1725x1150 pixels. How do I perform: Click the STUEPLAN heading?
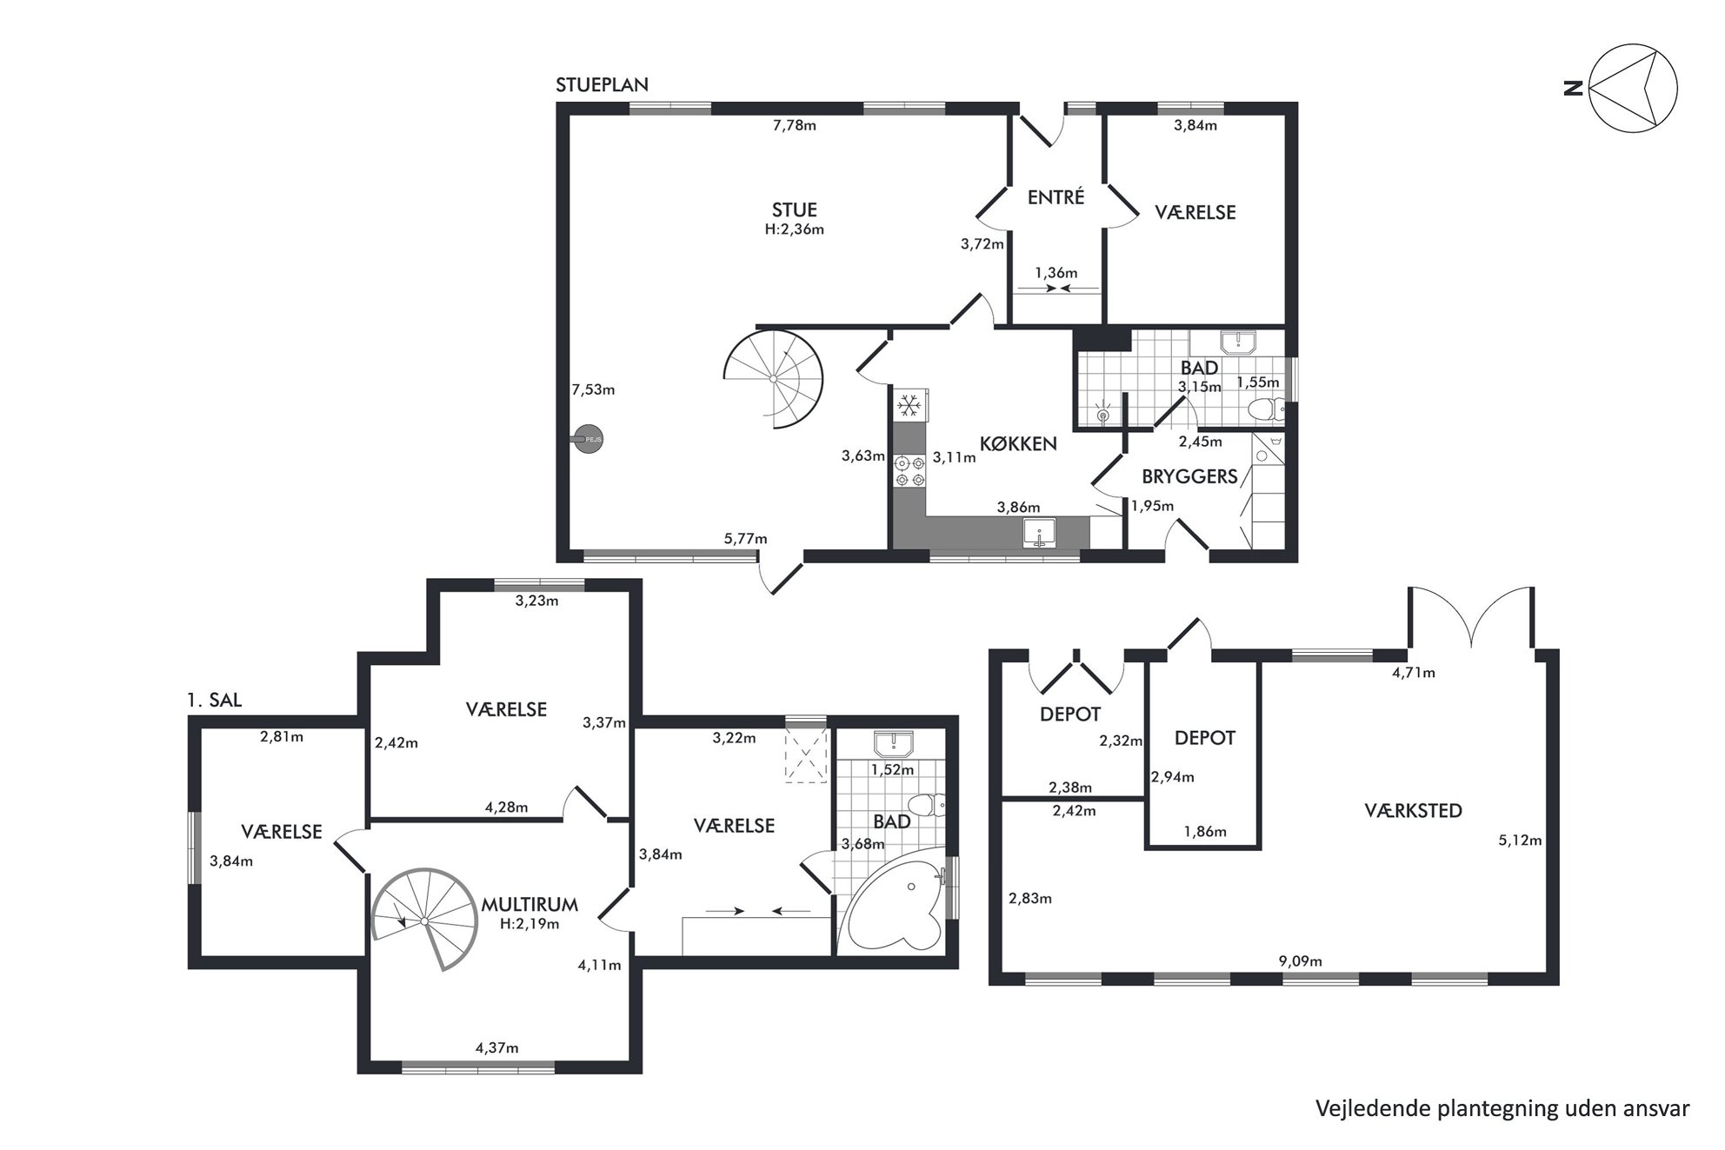tap(602, 85)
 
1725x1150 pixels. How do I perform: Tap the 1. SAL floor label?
tap(214, 700)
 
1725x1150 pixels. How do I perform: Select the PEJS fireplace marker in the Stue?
tap(588, 440)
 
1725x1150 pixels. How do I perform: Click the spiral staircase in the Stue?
tap(774, 379)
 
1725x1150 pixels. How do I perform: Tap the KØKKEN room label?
tap(1018, 443)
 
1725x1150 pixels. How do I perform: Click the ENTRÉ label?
tap(1056, 197)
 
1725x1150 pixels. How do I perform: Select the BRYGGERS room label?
tap(1189, 476)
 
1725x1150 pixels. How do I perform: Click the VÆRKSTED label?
tap(1413, 811)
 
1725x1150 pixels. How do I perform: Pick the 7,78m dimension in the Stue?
tap(795, 125)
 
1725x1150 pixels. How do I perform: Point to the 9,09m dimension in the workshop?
tap(1300, 961)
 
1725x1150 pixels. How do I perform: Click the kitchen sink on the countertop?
tap(1039, 532)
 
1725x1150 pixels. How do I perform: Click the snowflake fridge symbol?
tap(909, 405)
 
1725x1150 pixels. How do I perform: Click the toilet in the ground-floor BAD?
tap(1266, 409)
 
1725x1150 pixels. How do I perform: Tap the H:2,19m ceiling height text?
tap(529, 924)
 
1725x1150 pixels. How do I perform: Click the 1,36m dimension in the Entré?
tap(1056, 273)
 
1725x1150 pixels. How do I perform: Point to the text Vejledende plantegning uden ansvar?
tap(1502, 1108)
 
